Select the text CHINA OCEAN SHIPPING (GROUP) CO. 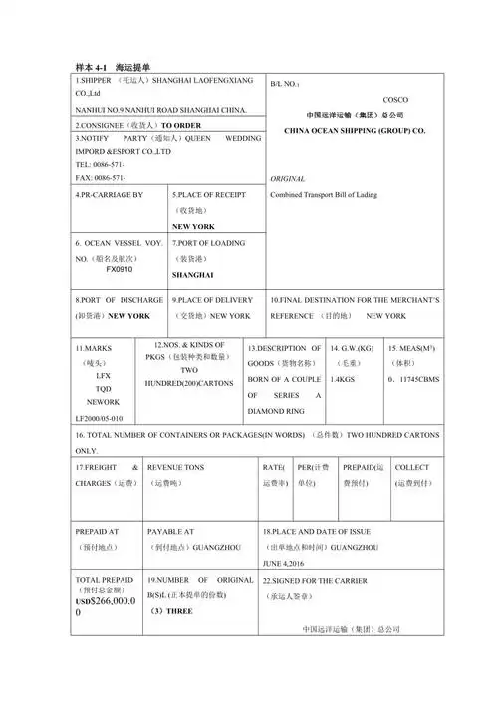pyautogui.click(x=355, y=130)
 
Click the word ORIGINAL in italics pyautogui.click(x=288, y=178)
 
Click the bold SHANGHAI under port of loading pyautogui.click(x=193, y=274)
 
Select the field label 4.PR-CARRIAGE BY pyautogui.click(x=110, y=194)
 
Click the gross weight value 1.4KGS pyautogui.click(x=345, y=379)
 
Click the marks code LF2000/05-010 pyautogui.click(x=100, y=418)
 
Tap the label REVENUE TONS pyautogui.click(x=175, y=466)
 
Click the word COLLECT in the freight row pyautogui.click(x=412, y=466)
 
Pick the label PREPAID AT pyautogui.click(x=98, y=532)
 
